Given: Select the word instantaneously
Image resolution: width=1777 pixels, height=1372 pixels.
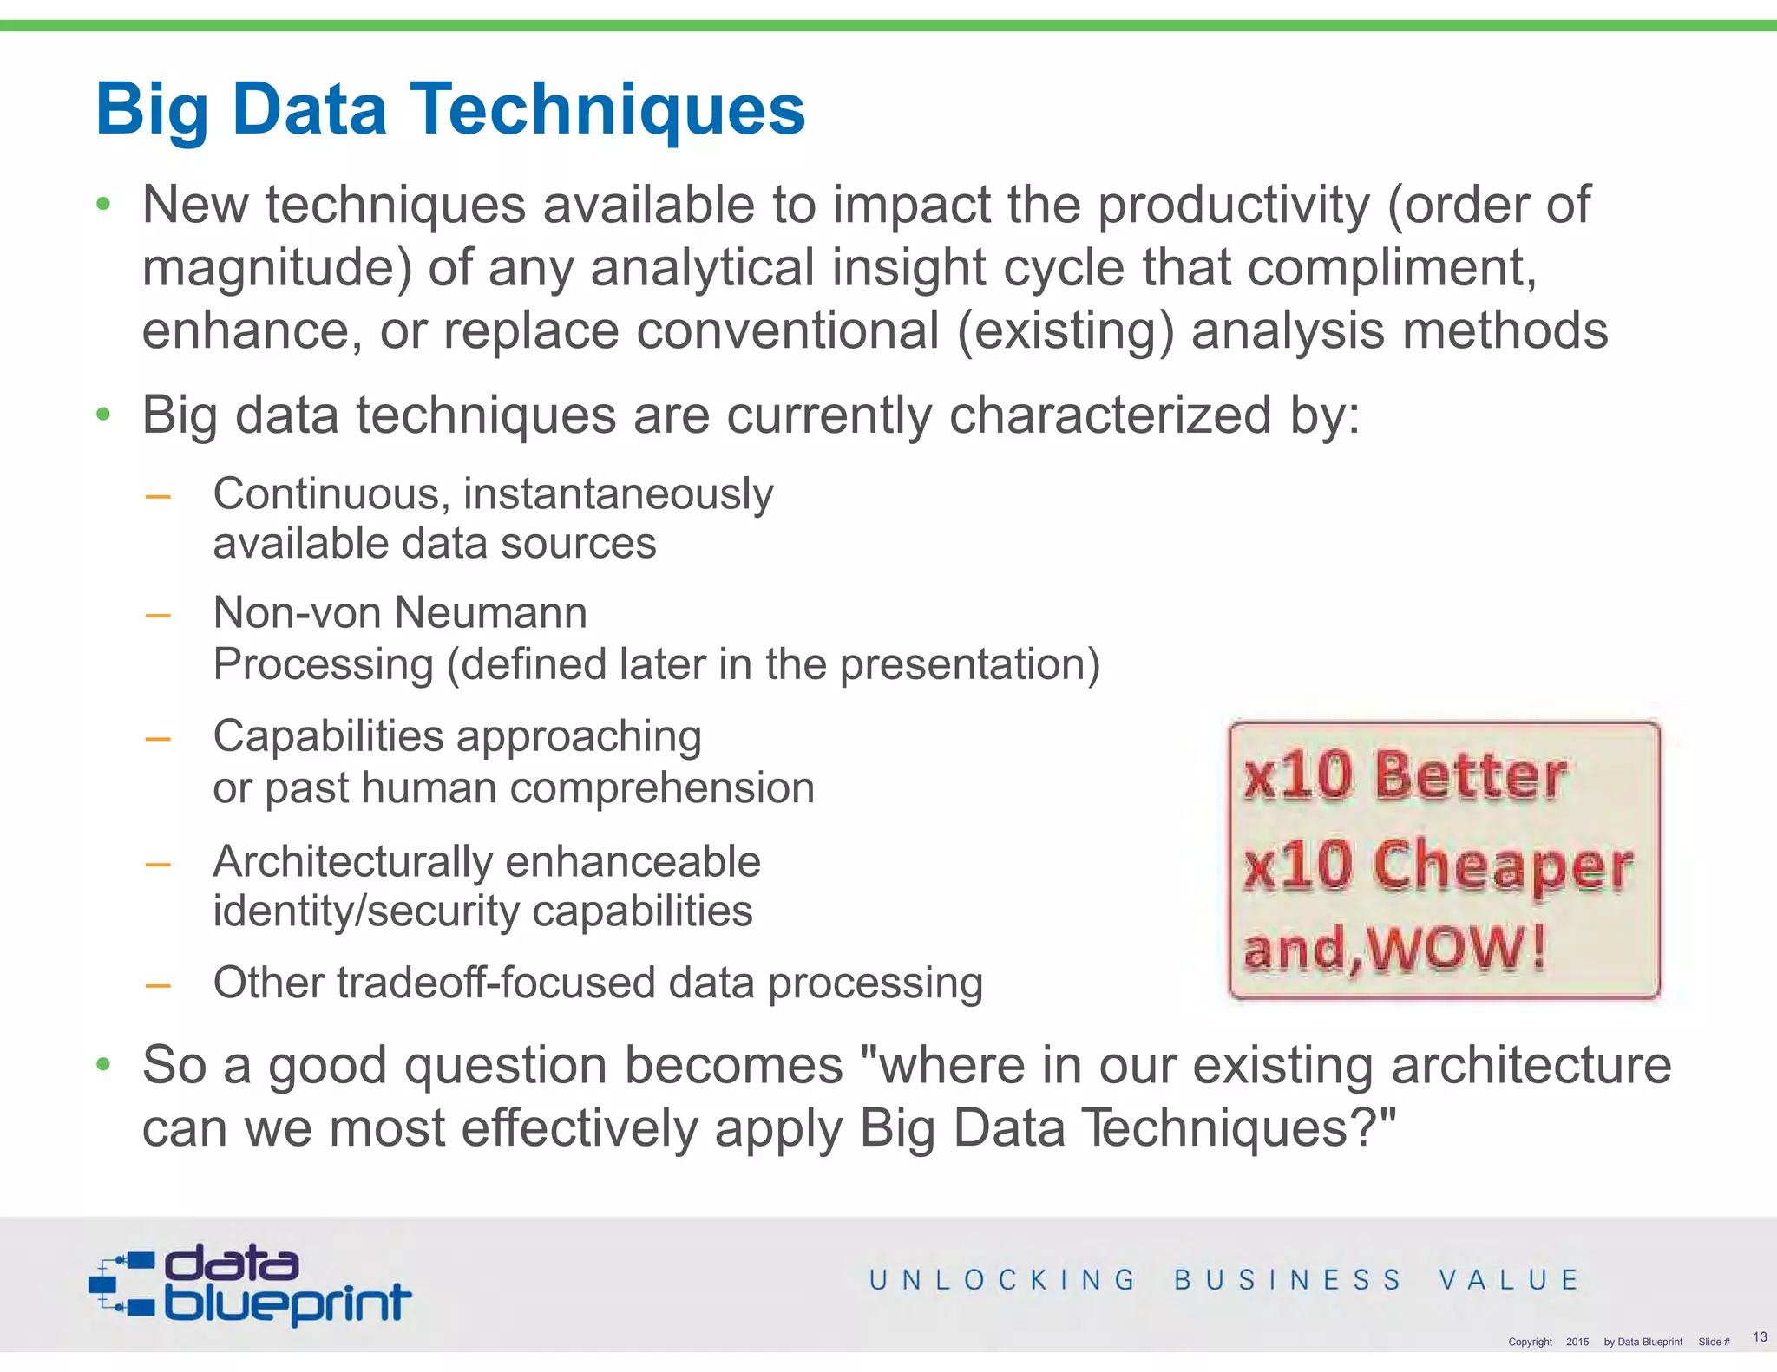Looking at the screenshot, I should tap(618, 494).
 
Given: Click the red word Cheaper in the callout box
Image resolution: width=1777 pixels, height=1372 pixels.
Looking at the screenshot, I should tap(1503, 866).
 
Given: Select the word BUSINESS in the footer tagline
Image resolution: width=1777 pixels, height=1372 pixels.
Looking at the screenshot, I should tap(1288, 1280).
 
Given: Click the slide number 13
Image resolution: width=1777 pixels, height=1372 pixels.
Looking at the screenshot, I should tap(1760, 1336).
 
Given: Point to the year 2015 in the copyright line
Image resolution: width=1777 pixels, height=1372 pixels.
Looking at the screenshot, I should tap(1577, 1342).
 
